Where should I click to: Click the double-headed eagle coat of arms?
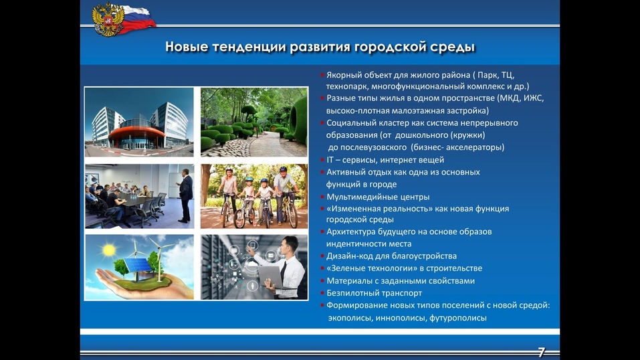(x=108, y=19)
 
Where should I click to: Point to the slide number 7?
(x=541, y=352)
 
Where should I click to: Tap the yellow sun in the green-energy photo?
(x=110, y=250)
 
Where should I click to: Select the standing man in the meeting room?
(x=185, y=195)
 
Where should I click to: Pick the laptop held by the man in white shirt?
(x=271, y=277)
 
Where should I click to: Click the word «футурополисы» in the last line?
(x=458, y=318)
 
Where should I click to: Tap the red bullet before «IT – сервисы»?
(x=322, y=160)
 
